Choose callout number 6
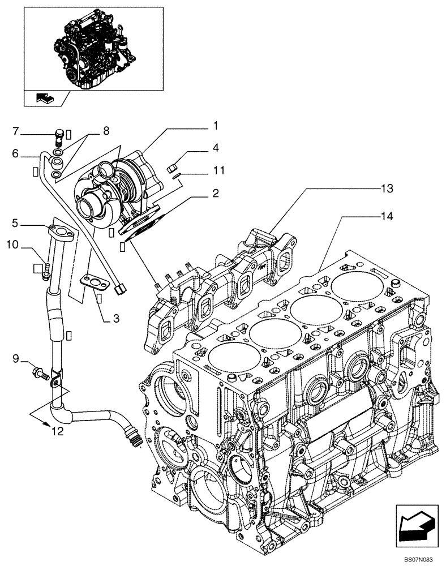tap(16, 153)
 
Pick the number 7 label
tap(16, 131)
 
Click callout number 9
tap(16, 358)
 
